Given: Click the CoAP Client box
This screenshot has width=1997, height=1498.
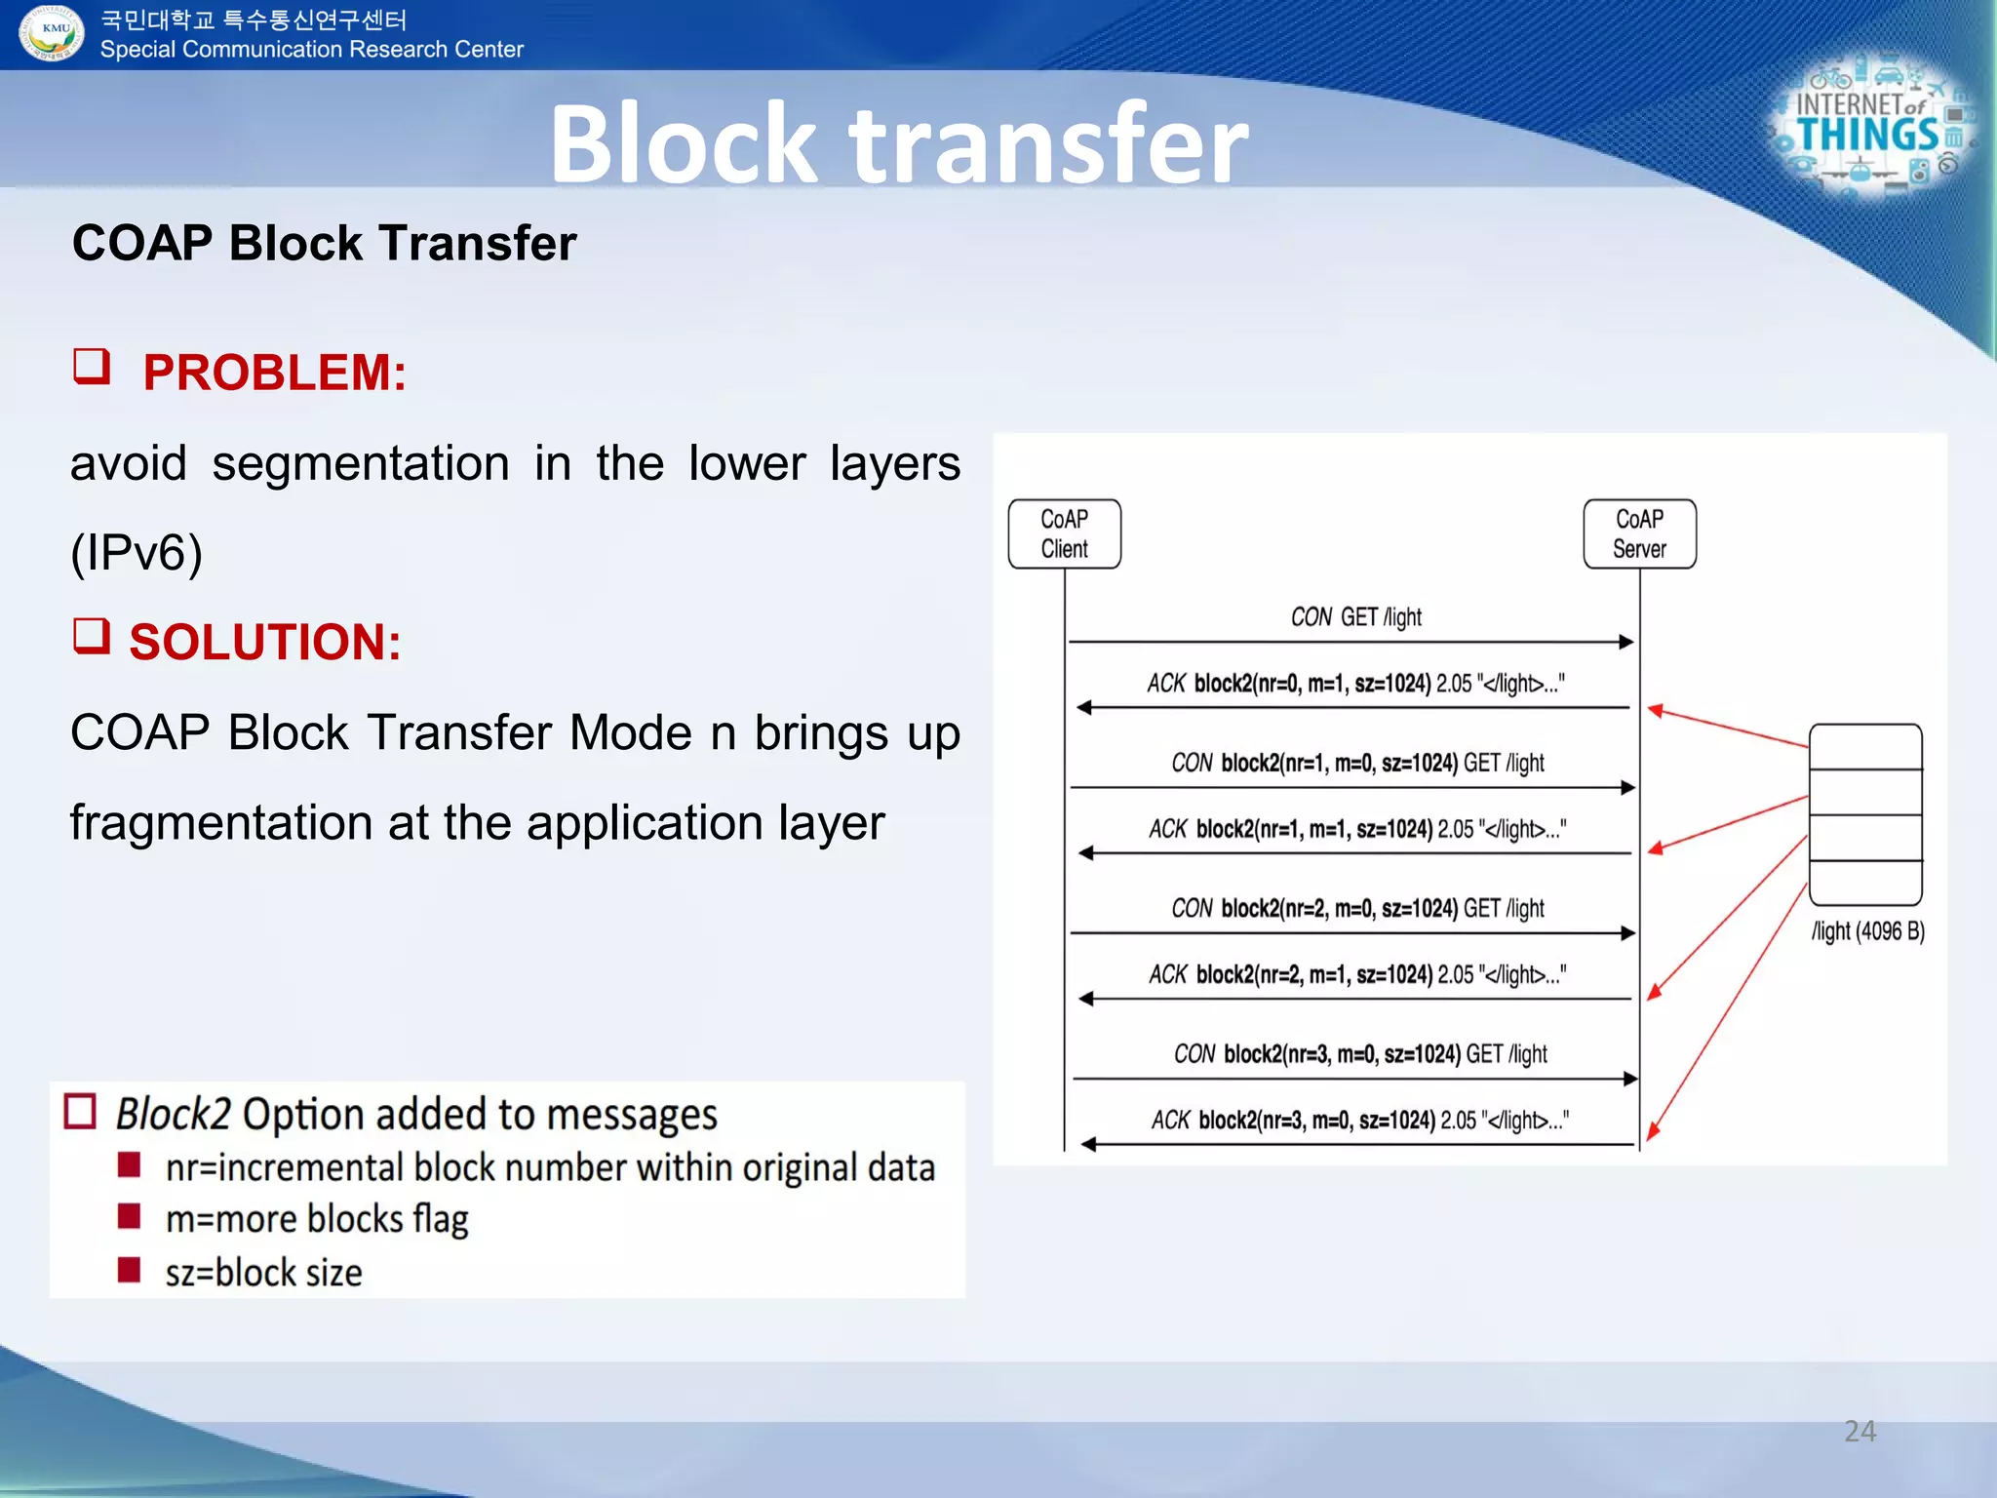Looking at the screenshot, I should coord(1064,533).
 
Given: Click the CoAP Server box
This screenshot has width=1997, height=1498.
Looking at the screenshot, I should coord(1639,533).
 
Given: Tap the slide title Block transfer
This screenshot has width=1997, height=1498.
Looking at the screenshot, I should coord(898,143).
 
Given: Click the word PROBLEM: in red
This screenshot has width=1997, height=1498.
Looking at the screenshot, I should coord(274,373).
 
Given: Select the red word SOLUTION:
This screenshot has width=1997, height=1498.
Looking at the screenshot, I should coord(264,642).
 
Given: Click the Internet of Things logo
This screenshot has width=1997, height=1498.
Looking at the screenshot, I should coord(1869,129).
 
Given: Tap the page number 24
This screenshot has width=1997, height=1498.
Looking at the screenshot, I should coord(1860,1431).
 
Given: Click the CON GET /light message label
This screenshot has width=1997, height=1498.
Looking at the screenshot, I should coord(1355,617).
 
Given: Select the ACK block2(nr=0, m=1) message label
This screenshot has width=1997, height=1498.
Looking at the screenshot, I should coord(1355,683).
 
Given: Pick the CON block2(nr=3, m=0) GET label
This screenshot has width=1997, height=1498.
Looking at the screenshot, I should coord(1359,1054).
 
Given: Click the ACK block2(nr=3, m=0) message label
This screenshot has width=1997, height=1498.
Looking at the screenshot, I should coord(1359,1121).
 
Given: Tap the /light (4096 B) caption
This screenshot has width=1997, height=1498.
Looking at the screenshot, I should coord(1867,931).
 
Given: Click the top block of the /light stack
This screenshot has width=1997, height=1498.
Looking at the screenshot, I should coord(1865,747).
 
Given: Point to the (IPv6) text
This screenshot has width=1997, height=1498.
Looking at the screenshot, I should coord(137,553).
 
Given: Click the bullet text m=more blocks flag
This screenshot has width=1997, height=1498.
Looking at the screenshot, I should coord(317,1219).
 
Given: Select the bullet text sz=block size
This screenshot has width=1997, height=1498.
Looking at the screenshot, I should coord(263,1273).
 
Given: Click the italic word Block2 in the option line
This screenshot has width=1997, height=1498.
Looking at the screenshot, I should coord(174,1114).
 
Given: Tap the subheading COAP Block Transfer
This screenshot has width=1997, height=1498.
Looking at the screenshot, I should coord(324,243).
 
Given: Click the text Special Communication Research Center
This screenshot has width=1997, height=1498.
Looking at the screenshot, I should coord(311,50).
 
